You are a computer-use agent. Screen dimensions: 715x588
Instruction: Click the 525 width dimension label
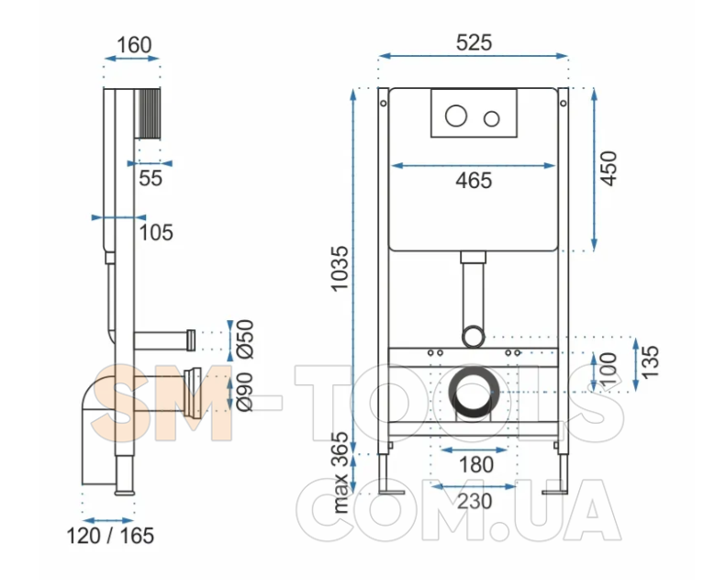tap(474, 43)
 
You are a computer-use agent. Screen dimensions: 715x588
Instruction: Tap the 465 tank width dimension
tap(474, 181)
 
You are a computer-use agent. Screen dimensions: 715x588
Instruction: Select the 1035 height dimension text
tap(341, 269)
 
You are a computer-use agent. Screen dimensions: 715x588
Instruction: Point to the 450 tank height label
tap(609, 169)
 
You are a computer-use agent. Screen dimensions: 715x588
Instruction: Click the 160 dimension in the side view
tap(134, 45)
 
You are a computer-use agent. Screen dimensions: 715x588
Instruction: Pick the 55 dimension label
tap(151, 178)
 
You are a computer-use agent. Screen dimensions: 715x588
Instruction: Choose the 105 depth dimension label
tap(156, 232)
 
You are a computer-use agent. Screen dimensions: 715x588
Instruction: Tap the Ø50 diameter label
tap(245, 339)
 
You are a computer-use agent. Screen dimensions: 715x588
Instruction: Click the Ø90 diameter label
tap(245, 392)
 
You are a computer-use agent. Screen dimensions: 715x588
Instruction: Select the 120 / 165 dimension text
tap(110, 536)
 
